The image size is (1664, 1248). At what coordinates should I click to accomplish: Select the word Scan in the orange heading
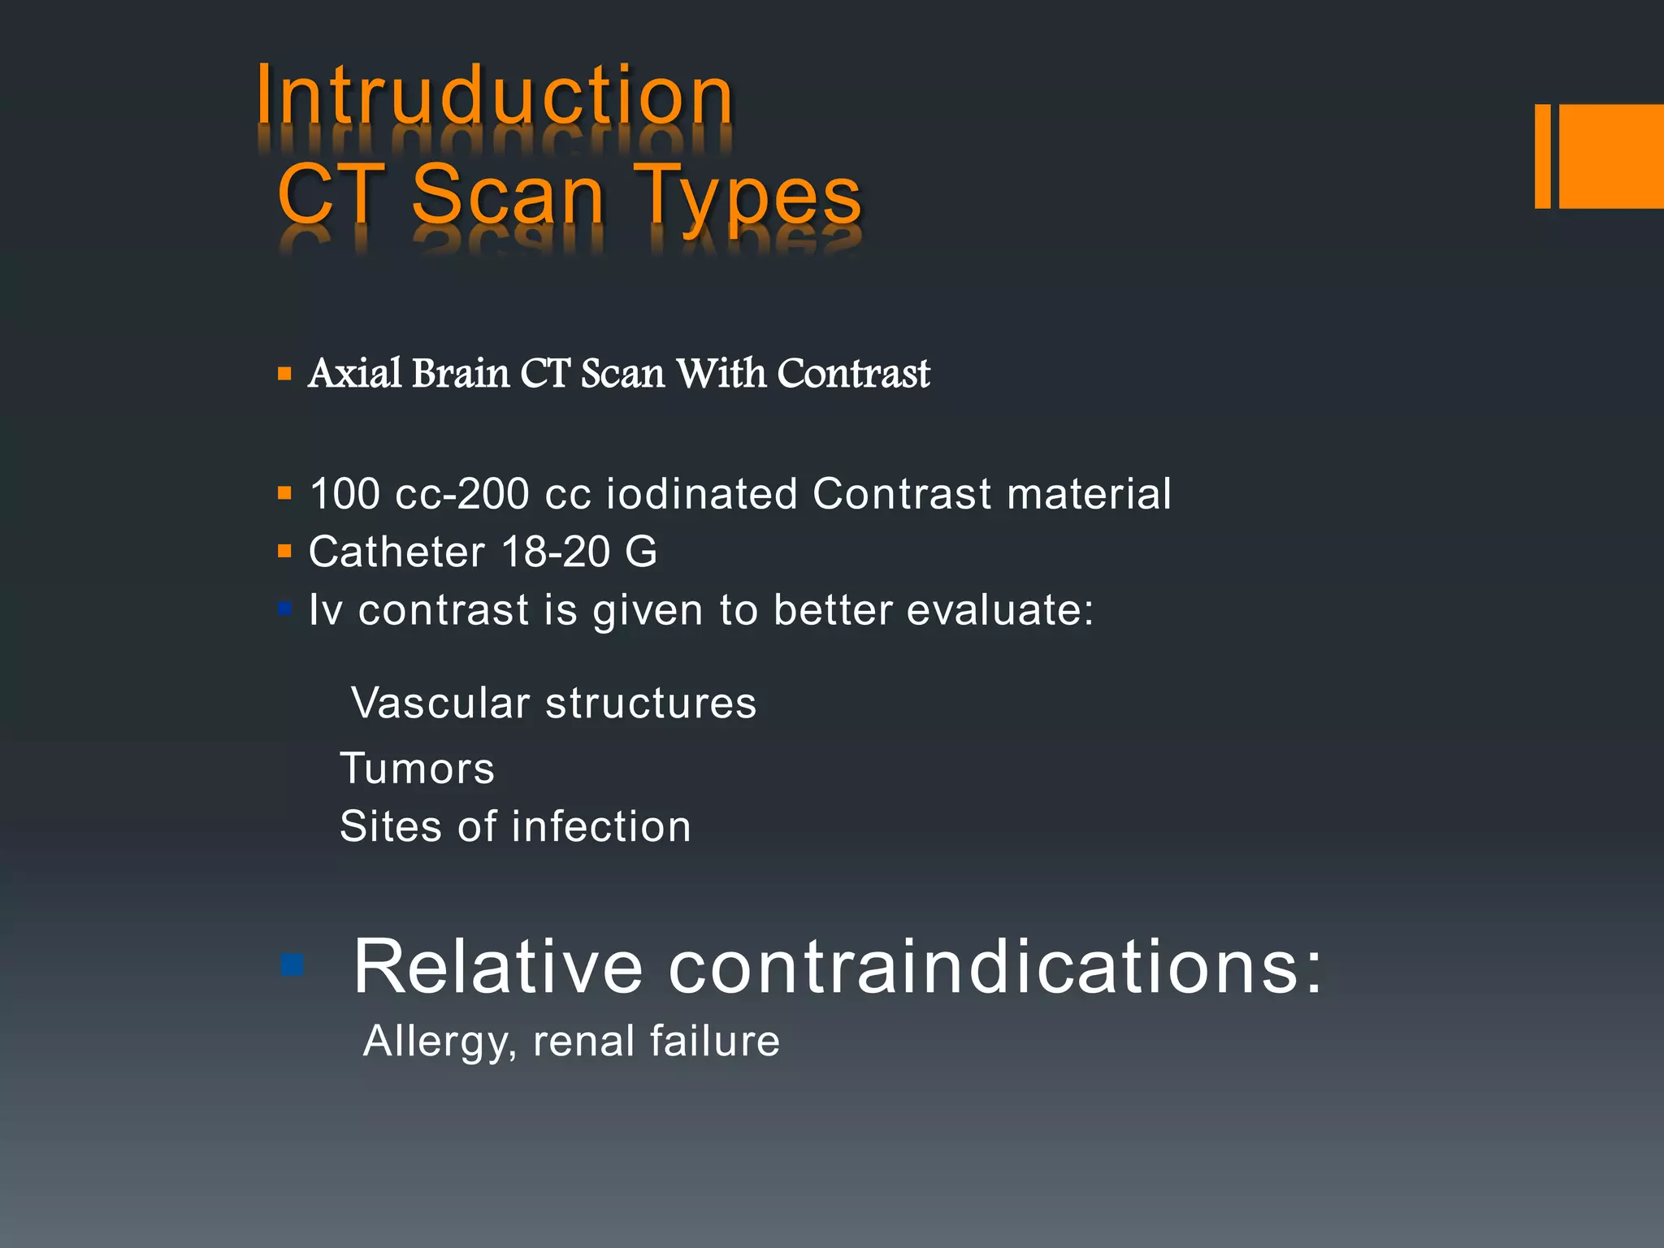509,195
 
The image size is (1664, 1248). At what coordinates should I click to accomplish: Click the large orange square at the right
1612,156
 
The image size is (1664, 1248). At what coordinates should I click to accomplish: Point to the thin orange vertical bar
1542,156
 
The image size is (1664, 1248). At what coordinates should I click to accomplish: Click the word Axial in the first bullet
355,374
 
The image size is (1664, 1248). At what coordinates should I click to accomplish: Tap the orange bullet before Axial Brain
284,375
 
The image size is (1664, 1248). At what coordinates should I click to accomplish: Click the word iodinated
702,494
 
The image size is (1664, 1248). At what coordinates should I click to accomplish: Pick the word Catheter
396,552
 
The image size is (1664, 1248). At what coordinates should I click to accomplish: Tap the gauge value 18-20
556,552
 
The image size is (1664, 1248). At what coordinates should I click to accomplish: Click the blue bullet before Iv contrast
284,609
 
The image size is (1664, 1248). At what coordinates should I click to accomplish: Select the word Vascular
440,703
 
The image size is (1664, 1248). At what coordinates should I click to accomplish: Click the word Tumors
417,769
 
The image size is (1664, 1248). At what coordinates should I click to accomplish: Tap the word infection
601,827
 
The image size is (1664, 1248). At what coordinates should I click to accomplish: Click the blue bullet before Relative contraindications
291,965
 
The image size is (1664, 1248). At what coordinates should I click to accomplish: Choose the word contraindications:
995,967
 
